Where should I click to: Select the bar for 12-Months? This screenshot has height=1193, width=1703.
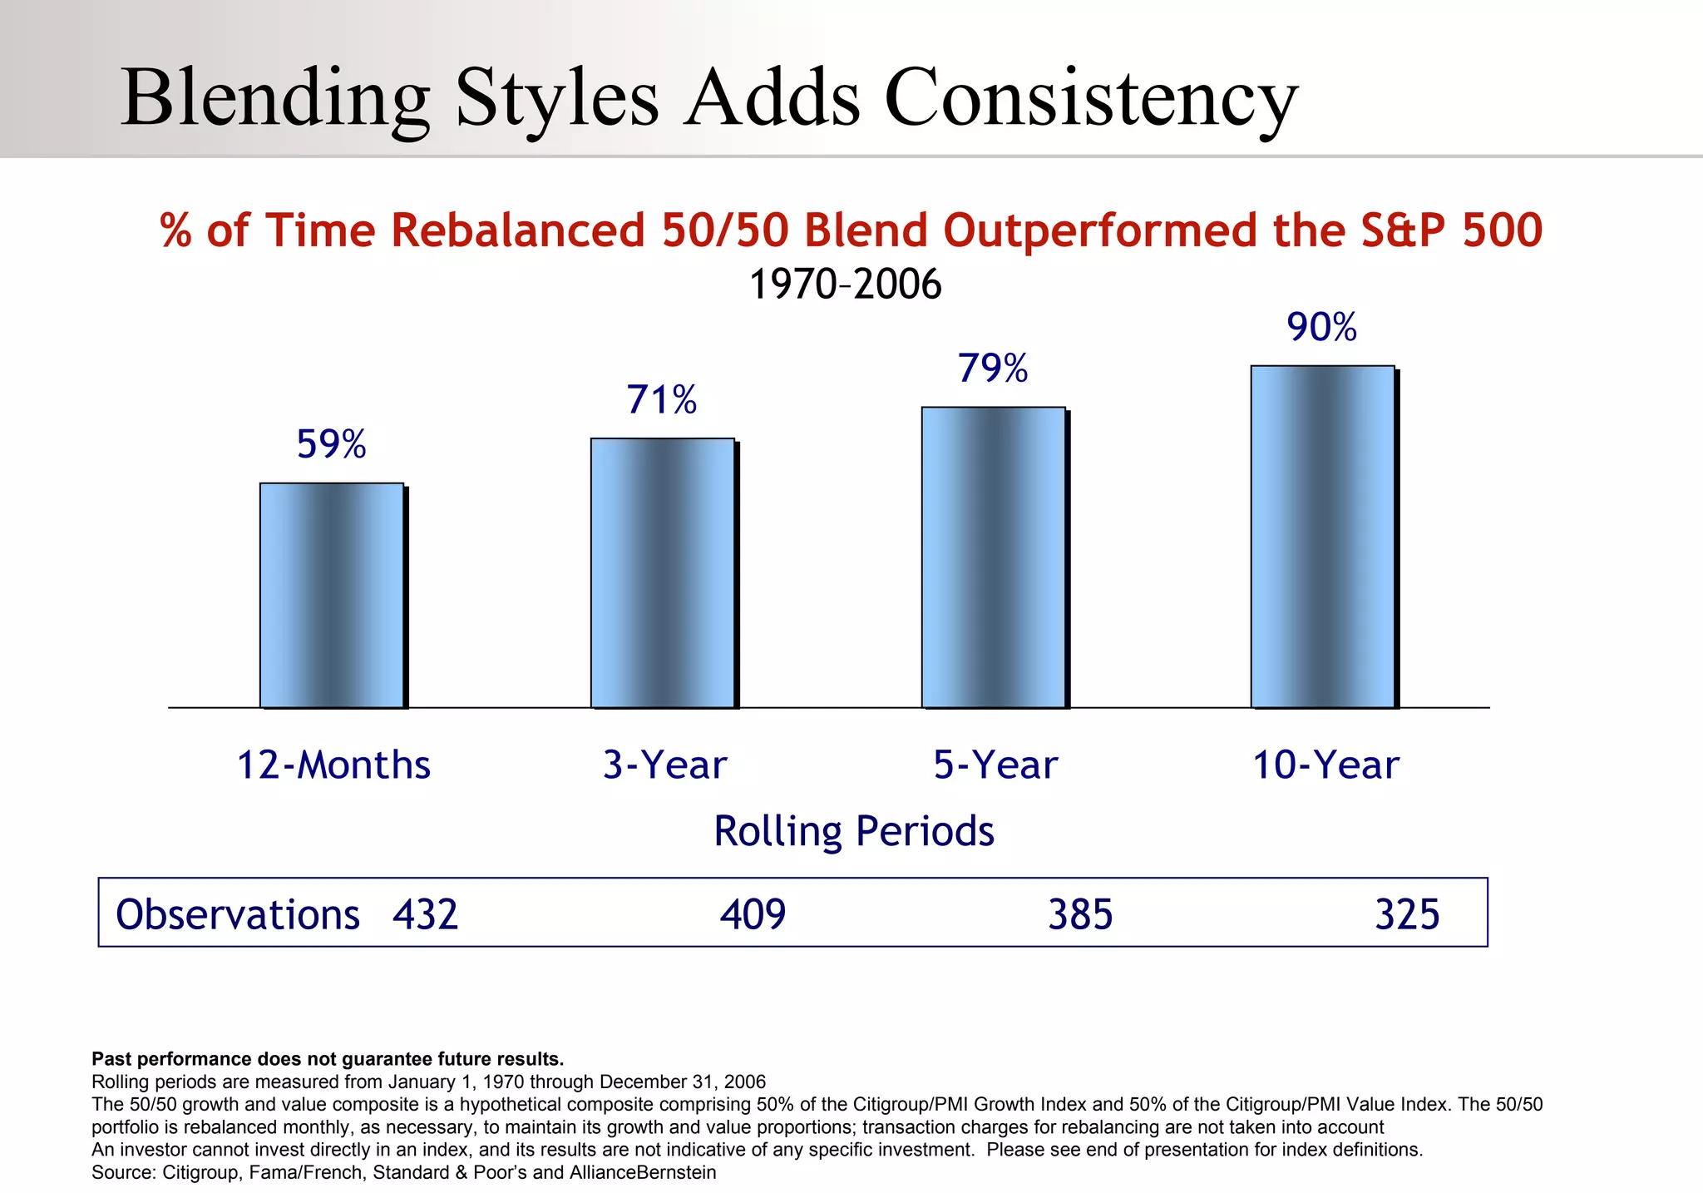pyautogui.click(x=332, y=595)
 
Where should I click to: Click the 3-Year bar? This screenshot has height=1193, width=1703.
pyautogui.click(x=663, y=572)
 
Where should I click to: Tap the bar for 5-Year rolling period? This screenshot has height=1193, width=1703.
pyautogui.click(x=993, y=557)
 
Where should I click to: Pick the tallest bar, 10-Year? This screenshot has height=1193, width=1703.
pyautogui.click(x=1322, y=537)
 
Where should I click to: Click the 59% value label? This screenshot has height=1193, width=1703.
pyautogui.click(x=331, y=444)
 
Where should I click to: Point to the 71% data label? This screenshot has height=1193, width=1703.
pyautogui.click(x=662, y=400)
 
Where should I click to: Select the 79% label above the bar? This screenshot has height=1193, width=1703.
pyautogui.click(x=993, y=369)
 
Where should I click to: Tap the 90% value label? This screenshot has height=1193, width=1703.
pyautogui.click(x=1322, y=327)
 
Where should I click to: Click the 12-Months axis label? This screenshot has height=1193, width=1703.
pyautogui.click(x=333, y=765)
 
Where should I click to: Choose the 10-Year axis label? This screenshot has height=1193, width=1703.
pyautogui.click(x=1325, y=765)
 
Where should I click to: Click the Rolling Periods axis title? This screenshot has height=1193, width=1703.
pyautogui.click(x=854, y=831)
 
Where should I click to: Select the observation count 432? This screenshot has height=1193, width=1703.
pyautogui.click(x=426, y=914)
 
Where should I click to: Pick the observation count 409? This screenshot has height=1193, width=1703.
pyautogui.click(x=753, y=914)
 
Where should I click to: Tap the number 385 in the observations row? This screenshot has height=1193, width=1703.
pyautogui.click(x=1080, y=914)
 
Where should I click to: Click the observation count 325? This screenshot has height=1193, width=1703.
pyautogui.click(x=1407, y=914)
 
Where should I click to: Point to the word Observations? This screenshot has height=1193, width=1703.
pyautogui.click(x=237, y=914)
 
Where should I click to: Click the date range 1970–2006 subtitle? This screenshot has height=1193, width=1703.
pyautogui.click(x=845, y=285)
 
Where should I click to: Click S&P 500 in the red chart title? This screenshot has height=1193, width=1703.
pyautogui.click(x=1452, y=230)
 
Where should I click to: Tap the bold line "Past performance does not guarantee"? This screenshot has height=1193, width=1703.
pyautogui.click(x=328, y=1059)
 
